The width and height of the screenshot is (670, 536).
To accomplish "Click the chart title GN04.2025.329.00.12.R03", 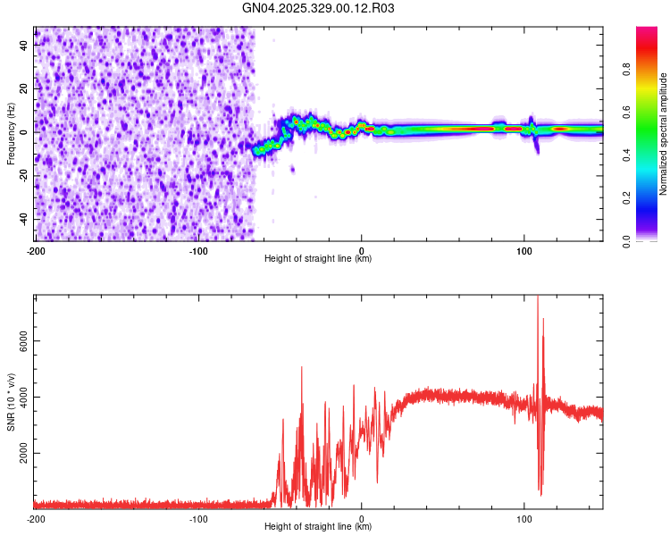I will tap(318, 9).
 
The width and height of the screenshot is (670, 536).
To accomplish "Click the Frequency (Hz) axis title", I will tap(11, 134).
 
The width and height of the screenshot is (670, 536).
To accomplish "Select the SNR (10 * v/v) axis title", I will tap(11, 401).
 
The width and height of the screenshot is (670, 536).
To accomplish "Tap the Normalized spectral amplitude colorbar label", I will tap(664, 135).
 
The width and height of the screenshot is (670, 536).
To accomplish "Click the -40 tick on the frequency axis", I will tap(21, 219).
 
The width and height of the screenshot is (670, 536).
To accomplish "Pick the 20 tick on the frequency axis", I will tap(24, 88).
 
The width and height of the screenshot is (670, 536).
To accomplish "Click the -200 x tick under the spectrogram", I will tap(36, 251).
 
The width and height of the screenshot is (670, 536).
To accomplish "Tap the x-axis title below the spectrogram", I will tap(318, 259).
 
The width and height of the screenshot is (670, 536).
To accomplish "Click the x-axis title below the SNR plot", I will tap(318, 527).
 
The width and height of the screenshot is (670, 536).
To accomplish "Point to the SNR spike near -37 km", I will tap(302, 368).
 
